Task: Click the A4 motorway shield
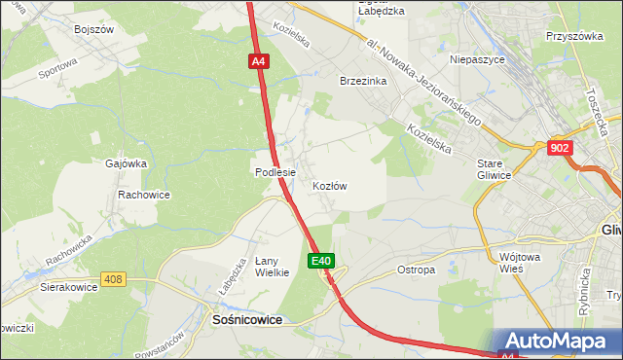coord(257,61)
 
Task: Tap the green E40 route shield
coord(323,261)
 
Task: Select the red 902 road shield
coord(560,147)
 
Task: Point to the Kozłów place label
coord(330,185)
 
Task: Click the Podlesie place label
coord(275,172)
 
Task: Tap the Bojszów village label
coord(94,29)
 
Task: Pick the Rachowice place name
coord(144,195)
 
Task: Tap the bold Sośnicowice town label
coord(247,318)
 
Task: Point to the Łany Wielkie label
coord(273,266)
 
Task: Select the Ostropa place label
coord(417,270)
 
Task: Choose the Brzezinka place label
coord(363,82)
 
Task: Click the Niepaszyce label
coord(477,58)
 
